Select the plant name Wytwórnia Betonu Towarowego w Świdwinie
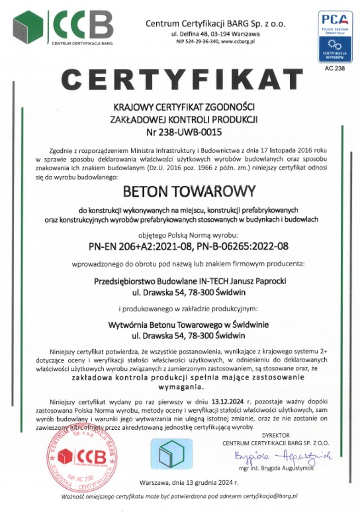[x=180, y=324]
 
